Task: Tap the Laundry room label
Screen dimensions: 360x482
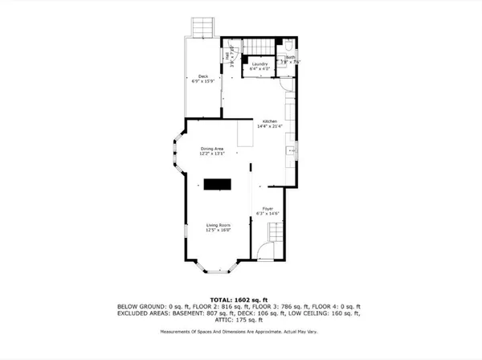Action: click(x=259, y=63)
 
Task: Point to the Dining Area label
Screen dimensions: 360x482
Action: click(x=213, y=148)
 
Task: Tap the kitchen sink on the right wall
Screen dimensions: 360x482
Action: click(x=296, y=149)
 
